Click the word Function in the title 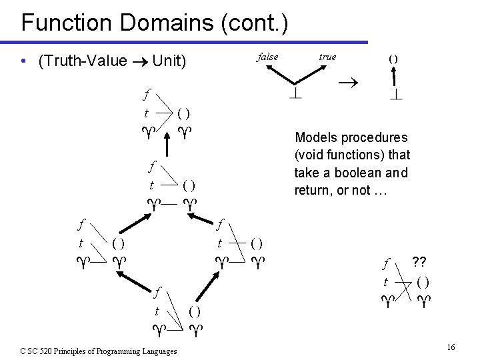61,23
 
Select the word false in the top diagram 267,57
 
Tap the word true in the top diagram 327,57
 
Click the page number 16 451,347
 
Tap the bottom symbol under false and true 295,94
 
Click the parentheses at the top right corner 393,58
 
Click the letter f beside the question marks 385,263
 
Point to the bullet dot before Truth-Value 24,62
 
